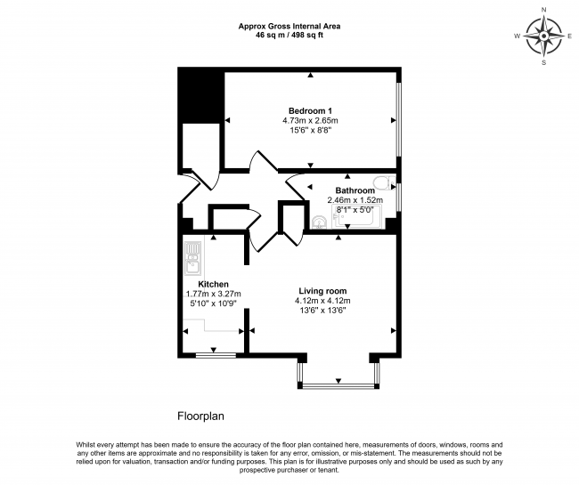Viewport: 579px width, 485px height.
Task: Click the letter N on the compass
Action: click(x=543, y=10)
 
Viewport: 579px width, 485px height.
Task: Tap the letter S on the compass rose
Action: click(x=543, y=62)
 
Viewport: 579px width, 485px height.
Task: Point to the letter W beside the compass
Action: click(x=517, y=36)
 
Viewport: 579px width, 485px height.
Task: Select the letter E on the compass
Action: click(x=569, y=36)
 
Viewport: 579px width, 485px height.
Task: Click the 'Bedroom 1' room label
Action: click(x=310, y=109)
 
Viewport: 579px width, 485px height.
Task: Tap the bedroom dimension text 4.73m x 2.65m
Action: click(x=310, y=120)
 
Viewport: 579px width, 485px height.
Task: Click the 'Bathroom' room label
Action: click(x=355, y=190)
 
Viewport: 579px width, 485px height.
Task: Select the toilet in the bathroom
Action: click(x=383, y=184)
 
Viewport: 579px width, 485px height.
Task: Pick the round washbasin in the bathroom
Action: click(x=320, y=222)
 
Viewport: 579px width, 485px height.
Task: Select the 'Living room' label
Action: click(x=322, y=291)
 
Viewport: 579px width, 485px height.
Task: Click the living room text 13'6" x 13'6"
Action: click(x=322, y=311)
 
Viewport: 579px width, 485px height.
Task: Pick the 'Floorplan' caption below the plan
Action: click(x=200, y=416)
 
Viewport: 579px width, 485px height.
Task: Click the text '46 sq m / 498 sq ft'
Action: click(x=289, y=36)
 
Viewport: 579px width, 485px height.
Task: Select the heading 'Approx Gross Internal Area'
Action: click(x=289, y=26)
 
